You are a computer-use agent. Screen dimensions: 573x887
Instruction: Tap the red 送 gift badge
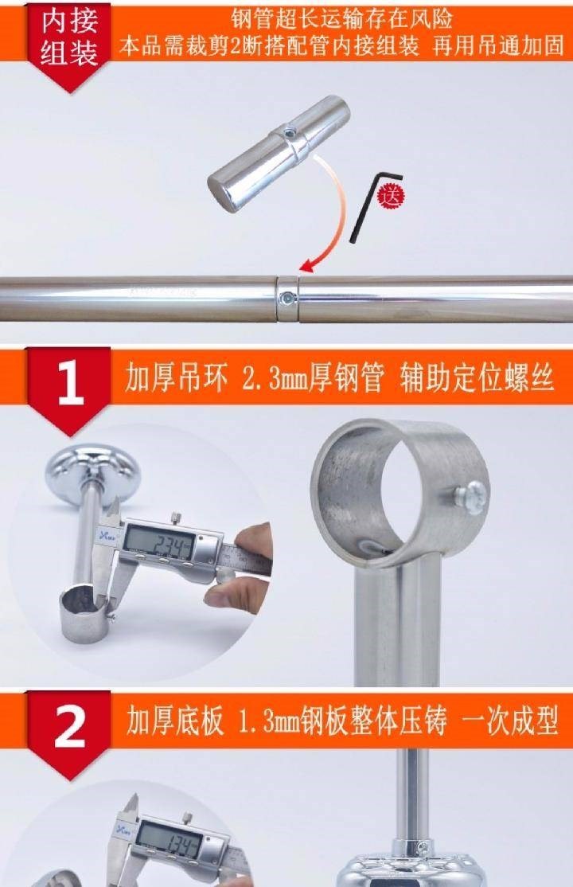coord(392,196)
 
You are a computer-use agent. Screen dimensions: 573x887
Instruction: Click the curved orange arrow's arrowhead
coord(309,264)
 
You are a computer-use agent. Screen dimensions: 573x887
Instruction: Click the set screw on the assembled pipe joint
coord(289,297)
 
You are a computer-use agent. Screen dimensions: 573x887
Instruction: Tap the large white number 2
coord(69,727)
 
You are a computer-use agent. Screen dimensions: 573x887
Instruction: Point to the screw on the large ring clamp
coord(470,497)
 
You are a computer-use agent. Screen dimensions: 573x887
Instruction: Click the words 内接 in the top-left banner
coord(69,21)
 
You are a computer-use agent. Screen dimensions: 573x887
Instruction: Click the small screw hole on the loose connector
coord(290,134)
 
